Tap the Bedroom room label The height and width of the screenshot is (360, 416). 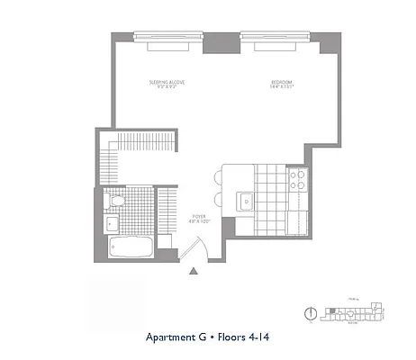282,85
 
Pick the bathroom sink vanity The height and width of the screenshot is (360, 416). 113,222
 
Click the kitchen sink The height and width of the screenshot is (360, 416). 244,200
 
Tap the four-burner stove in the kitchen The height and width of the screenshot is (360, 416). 298,180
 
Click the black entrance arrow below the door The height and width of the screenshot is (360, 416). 194,268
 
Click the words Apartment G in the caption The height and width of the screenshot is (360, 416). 177,338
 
